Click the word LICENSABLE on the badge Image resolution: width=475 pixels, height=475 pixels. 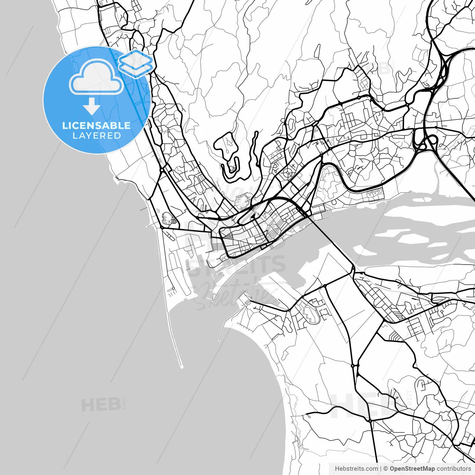96,125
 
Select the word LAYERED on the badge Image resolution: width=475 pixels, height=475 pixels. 96,136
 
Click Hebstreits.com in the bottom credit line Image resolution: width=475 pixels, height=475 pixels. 356,469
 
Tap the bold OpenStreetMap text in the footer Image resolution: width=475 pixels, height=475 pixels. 412,469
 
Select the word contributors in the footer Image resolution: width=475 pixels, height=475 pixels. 453,469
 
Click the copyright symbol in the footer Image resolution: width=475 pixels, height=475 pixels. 386,469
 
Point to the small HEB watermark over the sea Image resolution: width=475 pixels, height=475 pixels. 101,404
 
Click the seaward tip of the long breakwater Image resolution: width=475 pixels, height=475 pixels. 182,367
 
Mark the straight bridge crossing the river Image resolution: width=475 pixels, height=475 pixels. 330,237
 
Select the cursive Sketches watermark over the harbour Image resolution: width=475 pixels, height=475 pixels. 237,295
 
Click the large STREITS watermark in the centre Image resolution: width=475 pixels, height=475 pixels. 237,265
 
